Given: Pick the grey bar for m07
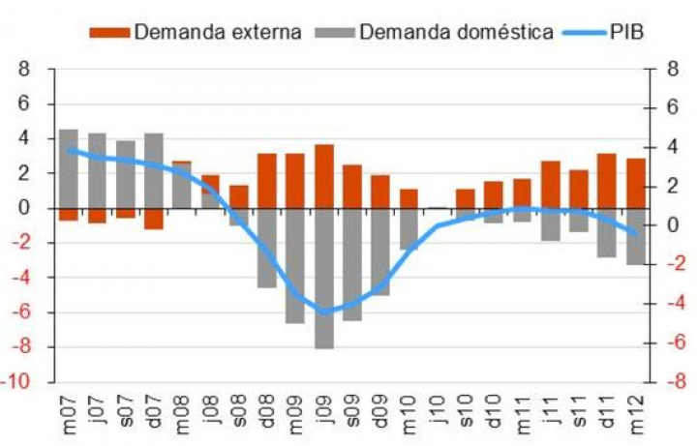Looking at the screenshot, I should click(x=69, y=168).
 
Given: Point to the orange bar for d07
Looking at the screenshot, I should click(x=154, y=219).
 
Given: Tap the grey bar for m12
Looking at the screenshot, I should click(x=635, y=236).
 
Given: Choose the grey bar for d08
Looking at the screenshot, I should click(x=267, y=248).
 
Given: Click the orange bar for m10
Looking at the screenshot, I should click(x=409, y=198).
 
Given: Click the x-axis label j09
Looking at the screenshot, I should click(x=325, y=418).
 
